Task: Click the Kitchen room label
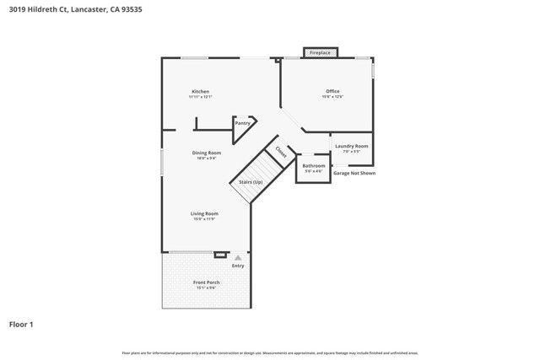tap(200, 91)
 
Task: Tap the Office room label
tap(332, 91)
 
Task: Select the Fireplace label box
tap(320, 53)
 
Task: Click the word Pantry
tap(243, 123)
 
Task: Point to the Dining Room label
tap(207, 153)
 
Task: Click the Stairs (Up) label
tap(251, 182)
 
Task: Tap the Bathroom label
tap(313, 165)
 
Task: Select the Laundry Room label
tap(351, 147)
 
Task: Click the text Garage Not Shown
tap(354, 173)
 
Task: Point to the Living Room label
tap(204, 213)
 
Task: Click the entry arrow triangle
tap(238, 257)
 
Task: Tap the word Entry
tap(238, 266)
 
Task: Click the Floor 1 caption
tap(21, 324)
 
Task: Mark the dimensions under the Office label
tap(332, 97)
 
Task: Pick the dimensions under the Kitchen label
tap(200, 97)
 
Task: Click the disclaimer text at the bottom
tap(270, 352)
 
